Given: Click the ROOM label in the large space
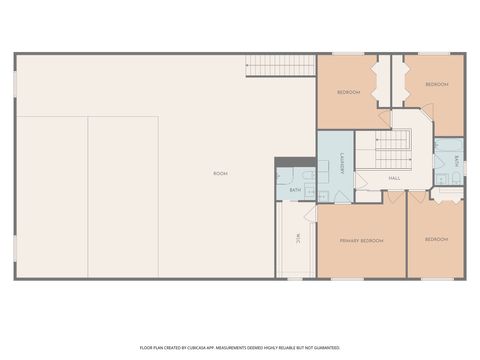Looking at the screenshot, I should pos(220,174).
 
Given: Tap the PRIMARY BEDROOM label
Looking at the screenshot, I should pos(361,241).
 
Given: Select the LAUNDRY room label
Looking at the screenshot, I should pos(342,165).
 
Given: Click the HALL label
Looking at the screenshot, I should pos(394,179).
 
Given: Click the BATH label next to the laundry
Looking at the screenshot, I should pos(295,189).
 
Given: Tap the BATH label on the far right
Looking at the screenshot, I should pos(456,160).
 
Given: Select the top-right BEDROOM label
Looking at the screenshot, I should pos(437,85).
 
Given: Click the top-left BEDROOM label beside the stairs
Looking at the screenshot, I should pos(348,92).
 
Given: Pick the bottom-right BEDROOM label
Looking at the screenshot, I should pos(436,240).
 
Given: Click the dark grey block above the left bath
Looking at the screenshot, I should pos(289,163).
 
